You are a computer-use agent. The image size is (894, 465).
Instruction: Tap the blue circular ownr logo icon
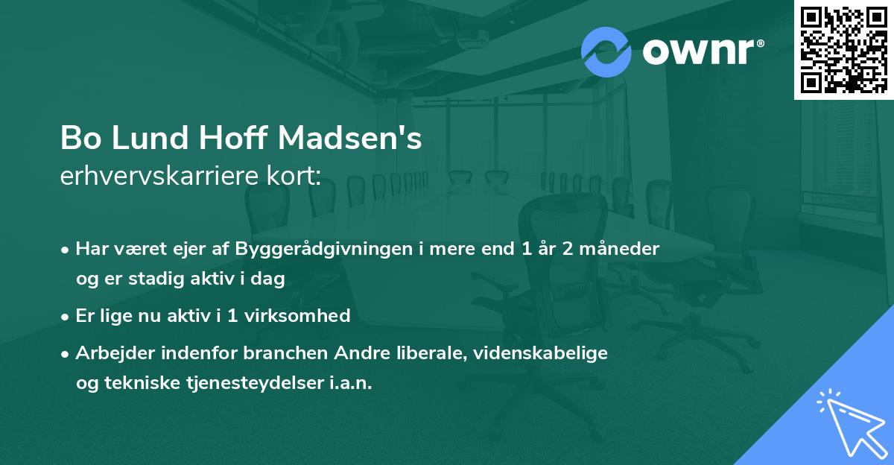click(606, 51)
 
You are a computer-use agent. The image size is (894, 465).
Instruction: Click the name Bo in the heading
click(78, 139)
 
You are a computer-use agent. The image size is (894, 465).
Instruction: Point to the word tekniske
click(139, 383)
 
